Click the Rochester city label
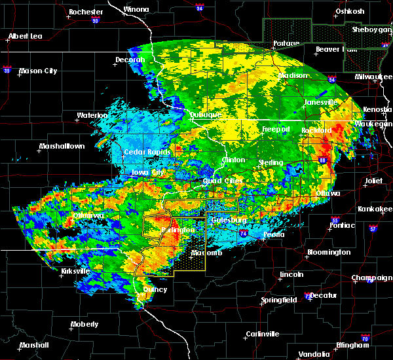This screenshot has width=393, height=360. point(86,12)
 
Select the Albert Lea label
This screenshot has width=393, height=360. point(26,36)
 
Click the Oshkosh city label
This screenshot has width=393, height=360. point(349,11)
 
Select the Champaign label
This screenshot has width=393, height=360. point(371,278)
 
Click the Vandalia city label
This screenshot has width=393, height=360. point(314,354)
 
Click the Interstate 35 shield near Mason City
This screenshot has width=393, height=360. point(8,68)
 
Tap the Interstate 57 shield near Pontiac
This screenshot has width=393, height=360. point(373,229)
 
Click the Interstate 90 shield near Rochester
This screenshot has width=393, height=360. point(95,21)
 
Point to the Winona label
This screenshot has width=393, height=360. point(136,9)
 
